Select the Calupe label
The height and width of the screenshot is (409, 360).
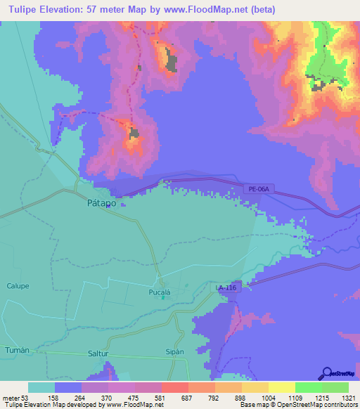[x=18, y=285]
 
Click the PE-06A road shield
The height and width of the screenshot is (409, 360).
[x=259, y=188]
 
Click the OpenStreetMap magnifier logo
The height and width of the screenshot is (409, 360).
[x=326, y=373]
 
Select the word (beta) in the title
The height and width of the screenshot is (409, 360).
[x=262, y=9]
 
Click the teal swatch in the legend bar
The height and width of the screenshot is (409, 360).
[x=41, y=387]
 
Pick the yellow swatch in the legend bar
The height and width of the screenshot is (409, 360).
[x=281, y=387]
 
